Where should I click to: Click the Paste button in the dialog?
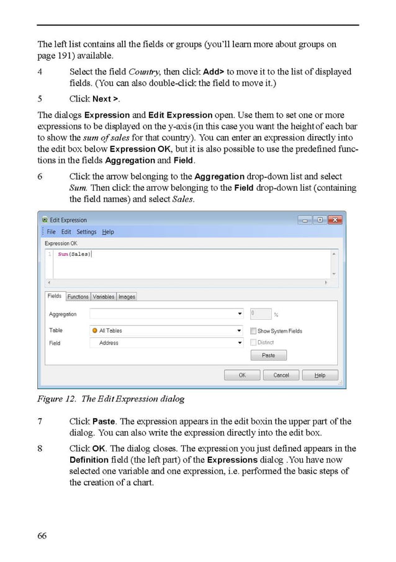[x=268, y=355]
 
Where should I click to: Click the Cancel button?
[x=281, y=375]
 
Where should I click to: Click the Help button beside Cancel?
[x=320, y=375]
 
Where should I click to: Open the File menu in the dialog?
[x=52, y=232]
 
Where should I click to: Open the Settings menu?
[x=86, y=232]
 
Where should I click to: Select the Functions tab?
[x=78, y=297]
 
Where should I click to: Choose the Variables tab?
[x=104, y=297]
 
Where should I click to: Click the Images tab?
[x=127, y=297]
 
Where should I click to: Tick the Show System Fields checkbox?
[x=253, y=331]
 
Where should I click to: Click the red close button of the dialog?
[x=335, y=220]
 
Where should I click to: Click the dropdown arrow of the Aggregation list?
[x=240, y=314]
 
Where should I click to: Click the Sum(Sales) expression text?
[x=74, y=254]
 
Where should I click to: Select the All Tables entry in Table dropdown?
[x=110, y=331]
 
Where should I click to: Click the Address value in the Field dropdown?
[x=109, y=343]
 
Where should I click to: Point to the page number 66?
[x=42, y=535]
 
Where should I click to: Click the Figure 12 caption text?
[x=111, y=398]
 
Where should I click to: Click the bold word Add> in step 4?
[x=214, y=72]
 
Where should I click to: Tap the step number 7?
[x=40, y=421]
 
